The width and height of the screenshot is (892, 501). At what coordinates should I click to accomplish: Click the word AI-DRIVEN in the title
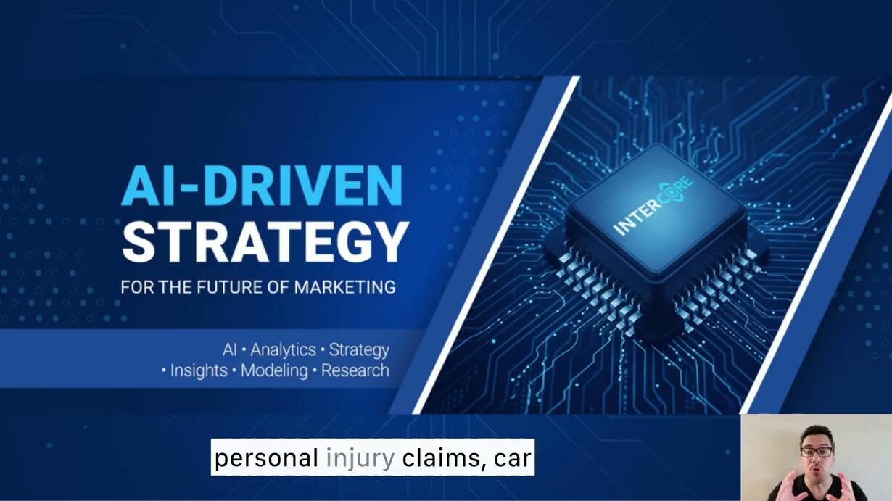[263, 185]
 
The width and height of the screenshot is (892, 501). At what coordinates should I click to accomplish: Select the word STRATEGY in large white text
[265, 242]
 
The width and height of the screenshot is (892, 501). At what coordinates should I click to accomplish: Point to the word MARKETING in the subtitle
[345, 286]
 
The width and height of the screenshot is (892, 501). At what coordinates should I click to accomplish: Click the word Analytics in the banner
[283, 349]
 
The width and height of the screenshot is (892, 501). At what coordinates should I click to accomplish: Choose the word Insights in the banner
[199, 370]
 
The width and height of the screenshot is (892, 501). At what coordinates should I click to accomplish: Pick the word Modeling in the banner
[274, 370]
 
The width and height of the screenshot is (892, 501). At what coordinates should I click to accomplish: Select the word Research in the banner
[355, 370]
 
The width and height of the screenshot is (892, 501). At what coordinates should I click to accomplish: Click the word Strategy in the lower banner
[359, 350]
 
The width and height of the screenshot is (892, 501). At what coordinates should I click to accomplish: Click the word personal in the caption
[266, 459]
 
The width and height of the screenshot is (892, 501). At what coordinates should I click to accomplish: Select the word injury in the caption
[360, 459]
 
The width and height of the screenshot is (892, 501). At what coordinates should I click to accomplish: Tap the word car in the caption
[513, 459]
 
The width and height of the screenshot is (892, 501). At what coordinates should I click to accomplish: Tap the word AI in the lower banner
[230, 349]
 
